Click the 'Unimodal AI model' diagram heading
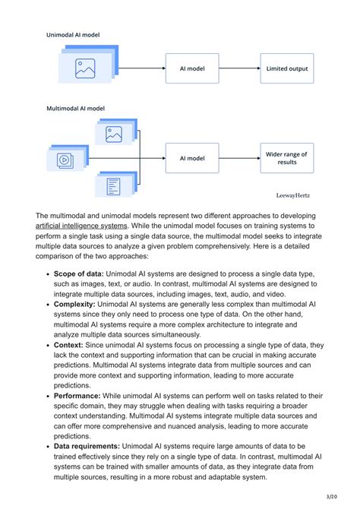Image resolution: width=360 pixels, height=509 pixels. click(73, 35)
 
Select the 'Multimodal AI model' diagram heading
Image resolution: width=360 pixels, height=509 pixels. click(77, 109)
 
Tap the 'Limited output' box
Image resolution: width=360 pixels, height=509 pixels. click(287, 68)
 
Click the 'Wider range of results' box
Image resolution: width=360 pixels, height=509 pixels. click(287, 158)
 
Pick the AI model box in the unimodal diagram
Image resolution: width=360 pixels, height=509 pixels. click(192, 68)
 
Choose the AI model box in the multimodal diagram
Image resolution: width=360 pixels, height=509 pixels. click(192, 158)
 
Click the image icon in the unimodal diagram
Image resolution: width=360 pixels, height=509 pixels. click(84, 68)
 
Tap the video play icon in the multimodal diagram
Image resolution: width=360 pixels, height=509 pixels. click(64, 160)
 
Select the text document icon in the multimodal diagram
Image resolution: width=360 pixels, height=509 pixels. click(114, 185)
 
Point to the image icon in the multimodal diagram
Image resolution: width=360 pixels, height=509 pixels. click(114, 135)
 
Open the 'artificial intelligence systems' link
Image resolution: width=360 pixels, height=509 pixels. click(82, 226)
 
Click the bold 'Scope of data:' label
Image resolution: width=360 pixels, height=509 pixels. click(78, 273)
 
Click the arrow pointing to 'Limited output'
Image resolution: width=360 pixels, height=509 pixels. click(239, 68)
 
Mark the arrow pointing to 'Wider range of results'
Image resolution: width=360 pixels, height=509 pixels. click(239, 158)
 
